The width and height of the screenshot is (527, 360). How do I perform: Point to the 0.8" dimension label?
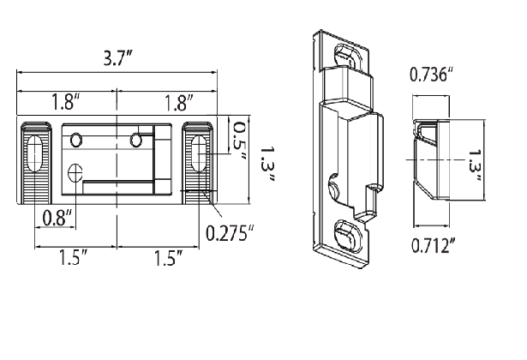[x=57, y=218]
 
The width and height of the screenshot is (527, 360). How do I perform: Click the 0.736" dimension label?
[x=432, y=74]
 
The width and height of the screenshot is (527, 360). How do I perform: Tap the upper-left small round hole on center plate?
[x=76, y=139]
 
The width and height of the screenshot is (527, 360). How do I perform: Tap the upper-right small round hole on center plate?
[x=135, y=139]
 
